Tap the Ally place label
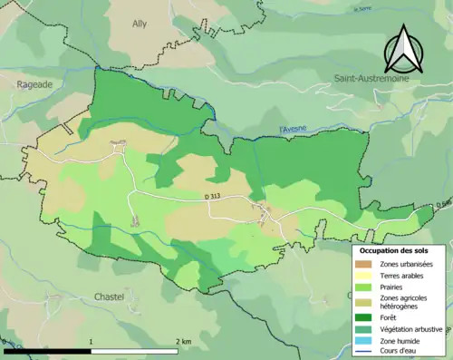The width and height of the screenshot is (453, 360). click(x=140, y=24)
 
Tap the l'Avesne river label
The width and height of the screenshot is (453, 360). click(x=295, y=130)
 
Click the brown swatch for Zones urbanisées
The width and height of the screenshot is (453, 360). click(x=366, y=263)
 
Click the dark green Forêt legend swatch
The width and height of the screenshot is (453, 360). click(x=366, y=317)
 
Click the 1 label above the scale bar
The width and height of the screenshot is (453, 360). click(x=91, y=341)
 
